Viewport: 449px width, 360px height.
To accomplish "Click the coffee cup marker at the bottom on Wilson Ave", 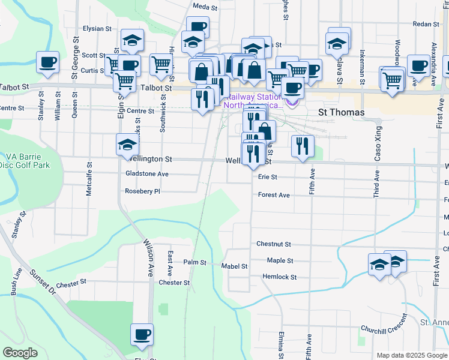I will pos(142,334).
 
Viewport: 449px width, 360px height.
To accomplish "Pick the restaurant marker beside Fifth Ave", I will pos(303,146).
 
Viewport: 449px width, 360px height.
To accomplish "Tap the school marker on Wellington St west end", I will pos(127,145).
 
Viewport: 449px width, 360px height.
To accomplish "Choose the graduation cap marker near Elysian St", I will pos(132,40).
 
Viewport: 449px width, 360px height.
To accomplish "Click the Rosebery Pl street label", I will pos(142,191).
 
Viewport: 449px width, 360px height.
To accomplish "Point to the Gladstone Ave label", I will pos(146,174).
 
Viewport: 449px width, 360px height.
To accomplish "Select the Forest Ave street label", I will pos(274,195).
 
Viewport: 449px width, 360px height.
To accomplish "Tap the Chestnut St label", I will pos(273,244).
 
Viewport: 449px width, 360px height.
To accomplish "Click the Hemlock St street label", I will pos(279,277).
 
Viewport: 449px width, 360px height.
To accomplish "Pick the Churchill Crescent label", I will pos(384,328).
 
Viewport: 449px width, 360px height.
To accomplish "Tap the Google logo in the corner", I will pos(20,353).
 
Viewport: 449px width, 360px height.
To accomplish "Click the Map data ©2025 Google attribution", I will pos(411,355).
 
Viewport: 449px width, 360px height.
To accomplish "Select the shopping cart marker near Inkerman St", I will pos(391,79).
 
